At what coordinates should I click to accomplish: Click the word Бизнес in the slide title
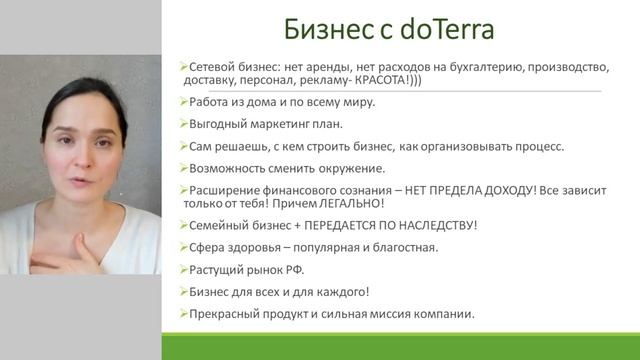pyautogui.click(x=314, y=28)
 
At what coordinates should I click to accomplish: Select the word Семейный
pyautogui.click(x=219, y=225)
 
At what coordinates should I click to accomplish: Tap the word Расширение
pyautogui.click(x=227, y=189)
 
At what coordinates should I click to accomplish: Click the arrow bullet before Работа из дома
pyautogui.click(x=184, y=102)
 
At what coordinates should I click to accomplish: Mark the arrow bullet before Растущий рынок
pyautogui.click(x=184, y=269)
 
